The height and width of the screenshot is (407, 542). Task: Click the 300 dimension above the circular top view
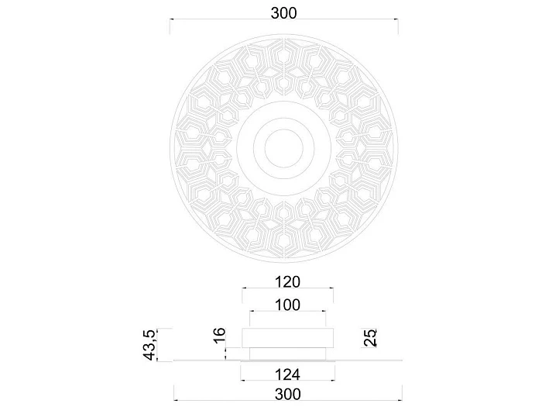point(283,13)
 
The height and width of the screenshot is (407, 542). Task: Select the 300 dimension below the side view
point(287,394)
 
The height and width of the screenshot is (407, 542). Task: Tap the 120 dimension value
point(287,282)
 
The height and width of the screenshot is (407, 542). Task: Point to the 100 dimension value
point(287,305)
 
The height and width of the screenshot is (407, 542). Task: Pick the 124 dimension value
point(287,374)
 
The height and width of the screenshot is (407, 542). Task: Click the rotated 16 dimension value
point(220,336)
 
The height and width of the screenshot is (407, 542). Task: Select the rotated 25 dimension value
point(370,338)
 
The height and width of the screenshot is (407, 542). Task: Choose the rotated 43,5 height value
point(150,345)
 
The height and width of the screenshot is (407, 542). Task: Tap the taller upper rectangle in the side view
point(287,338)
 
